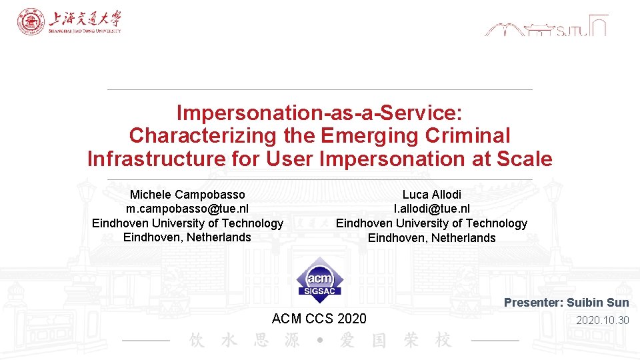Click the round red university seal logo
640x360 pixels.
pyautogui.click(x=31, y=22)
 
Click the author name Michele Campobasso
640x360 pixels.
pyautogui.click(x=187, y=195)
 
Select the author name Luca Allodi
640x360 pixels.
pyautogui.click(x=431, y=195)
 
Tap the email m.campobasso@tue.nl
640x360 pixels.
pyautogui.click(x=187, y=209)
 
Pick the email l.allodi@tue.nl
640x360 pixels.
pyautogui.click(x=431, y=209)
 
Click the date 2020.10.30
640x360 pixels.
pyautogui.click(x=603, y=320)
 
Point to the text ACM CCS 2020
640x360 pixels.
pyautogui.click(x=319, y=319)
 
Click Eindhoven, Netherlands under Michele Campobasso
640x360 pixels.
pyautogui.click(x=187, y=237)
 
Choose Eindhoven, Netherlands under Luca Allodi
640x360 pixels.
pyautogui.click(x=431, y=238)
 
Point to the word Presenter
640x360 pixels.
pyautogui.click(x=533, y=303)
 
